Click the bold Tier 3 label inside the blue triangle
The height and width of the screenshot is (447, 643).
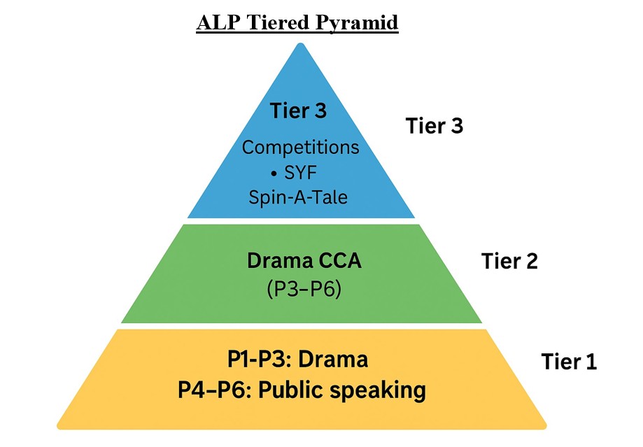click(x=299, y=111)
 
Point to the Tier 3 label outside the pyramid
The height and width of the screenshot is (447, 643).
click(x=434, y=126)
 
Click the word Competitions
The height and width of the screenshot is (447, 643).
click(x=300, y=148)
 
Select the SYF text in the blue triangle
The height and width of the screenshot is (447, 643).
click(x=307, y=173)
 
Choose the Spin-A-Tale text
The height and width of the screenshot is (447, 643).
click(x=298, y=197)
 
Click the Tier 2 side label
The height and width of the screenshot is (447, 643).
click(x=509, y=261)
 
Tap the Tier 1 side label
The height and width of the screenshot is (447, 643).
click(x=570, y=362)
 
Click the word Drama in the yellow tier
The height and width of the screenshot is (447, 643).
click(x=333, y=359)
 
